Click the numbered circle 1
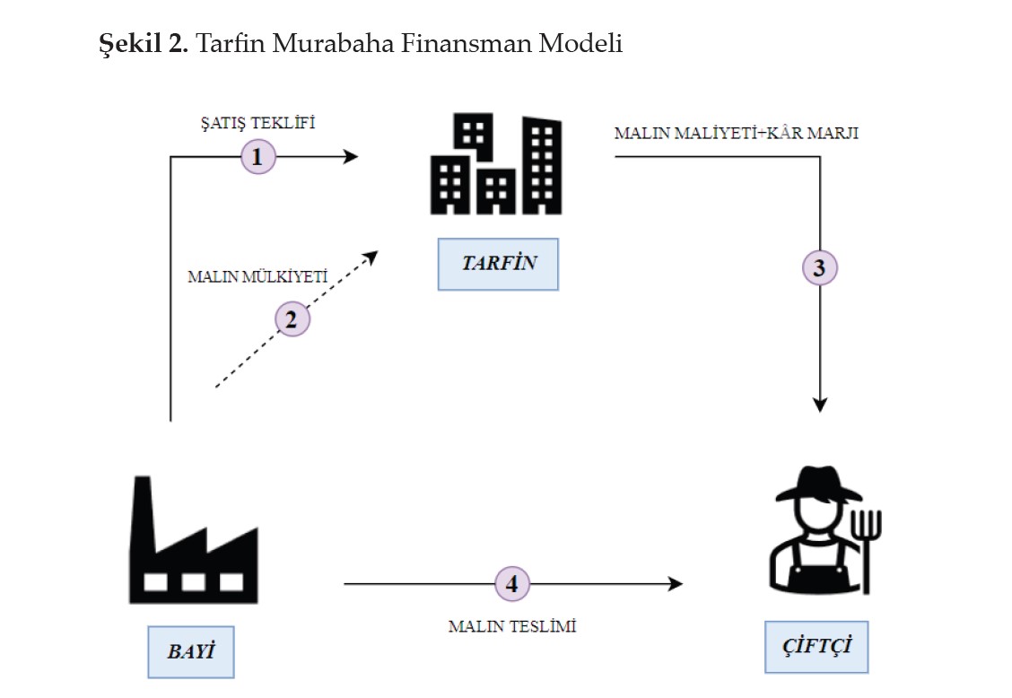coord(257,157)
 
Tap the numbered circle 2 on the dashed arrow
coord(291,318)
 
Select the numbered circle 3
coord(819,267)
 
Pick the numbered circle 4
coord(512,584)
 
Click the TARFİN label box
coord(498,264)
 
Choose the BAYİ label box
coord(190,651)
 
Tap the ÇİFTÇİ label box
coord(816,647)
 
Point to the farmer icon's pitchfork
coord(867,538)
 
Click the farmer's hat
coord(817,485)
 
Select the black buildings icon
coord(496,166)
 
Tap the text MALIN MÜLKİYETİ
coord(256,276)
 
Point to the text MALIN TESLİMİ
coord(512,626)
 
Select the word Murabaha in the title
coord(337,43)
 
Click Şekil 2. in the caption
coord(143,43)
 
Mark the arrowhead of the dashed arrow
coord(371,257)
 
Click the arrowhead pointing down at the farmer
coord(819,405)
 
